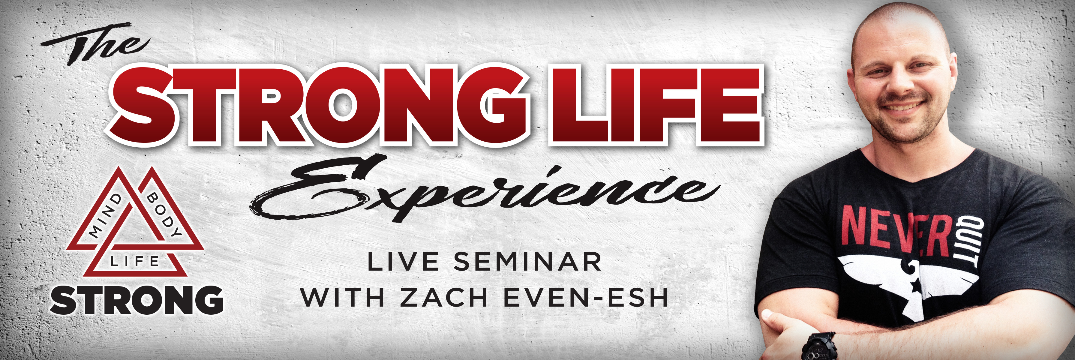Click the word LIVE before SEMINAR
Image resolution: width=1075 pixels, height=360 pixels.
pyautogui.click(x=403, y=262)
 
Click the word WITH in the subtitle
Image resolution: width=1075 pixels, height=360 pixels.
pyautogui.click(x=342, y=297)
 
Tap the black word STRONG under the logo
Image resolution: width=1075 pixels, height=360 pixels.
pyautogui.click(x=137, y=300)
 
